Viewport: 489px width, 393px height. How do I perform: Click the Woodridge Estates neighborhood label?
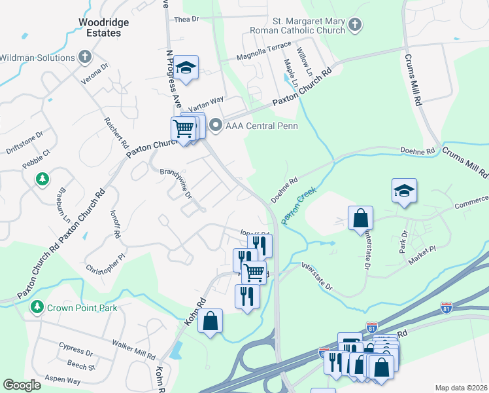(x=103, y=27)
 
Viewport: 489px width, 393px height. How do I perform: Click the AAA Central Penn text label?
(x=261, y=126)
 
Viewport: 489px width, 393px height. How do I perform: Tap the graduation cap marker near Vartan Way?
(x=186, y=68)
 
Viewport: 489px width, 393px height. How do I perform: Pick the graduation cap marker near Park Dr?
(x=404, y=191)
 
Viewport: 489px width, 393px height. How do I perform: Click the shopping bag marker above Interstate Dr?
(x=360, y=218)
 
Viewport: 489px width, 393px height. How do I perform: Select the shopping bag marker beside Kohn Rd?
(x=210, y=322)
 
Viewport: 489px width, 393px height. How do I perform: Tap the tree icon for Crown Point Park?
(x=37, y=307)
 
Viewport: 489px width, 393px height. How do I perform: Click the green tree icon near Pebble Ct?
(x=42, y=179)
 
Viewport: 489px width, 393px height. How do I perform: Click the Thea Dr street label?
(x=186, y=20)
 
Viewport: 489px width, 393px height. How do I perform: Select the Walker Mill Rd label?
(x=133, y=350)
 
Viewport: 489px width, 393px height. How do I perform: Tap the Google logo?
(x=22, y=385)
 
